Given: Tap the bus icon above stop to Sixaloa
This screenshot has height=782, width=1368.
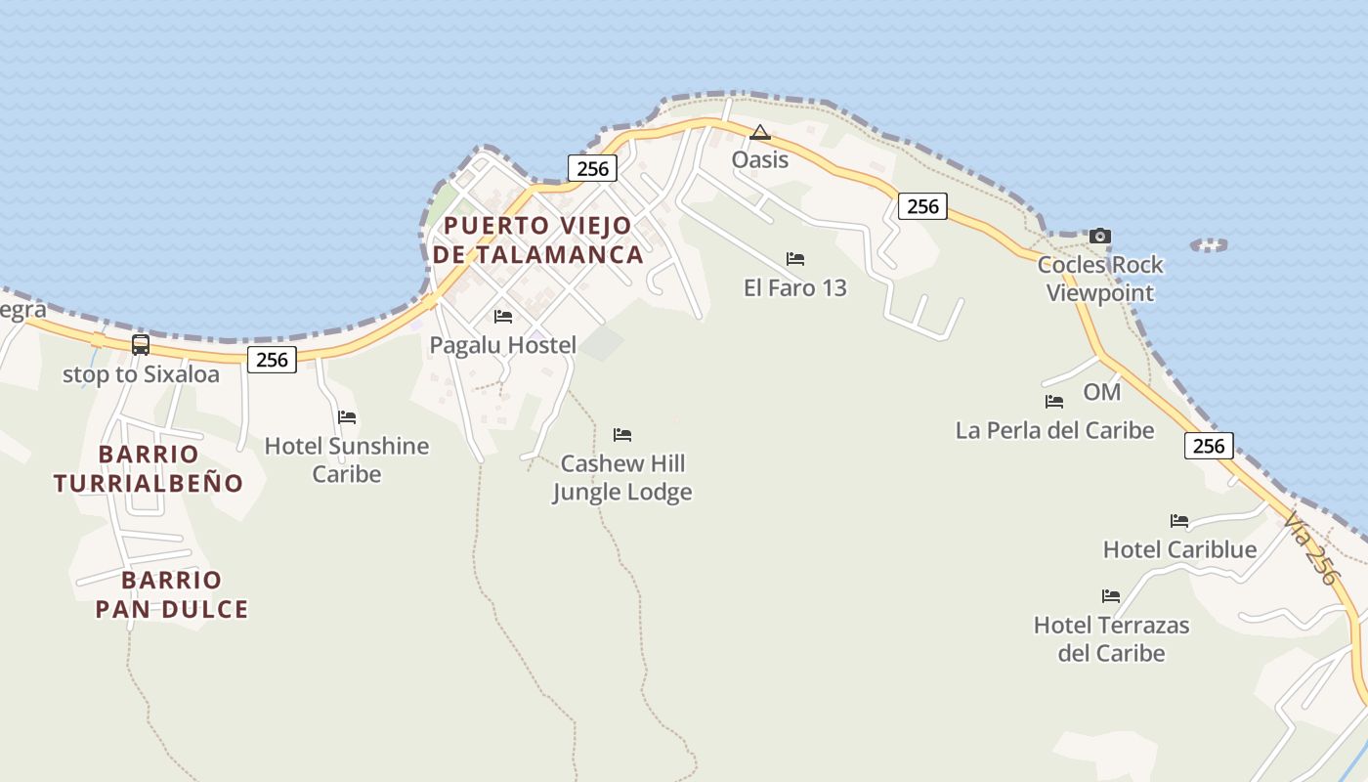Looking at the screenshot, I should click(141, 344).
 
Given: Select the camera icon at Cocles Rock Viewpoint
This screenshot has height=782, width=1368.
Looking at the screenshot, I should click(1100, 236).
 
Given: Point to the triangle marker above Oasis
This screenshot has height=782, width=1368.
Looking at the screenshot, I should click(760, 132).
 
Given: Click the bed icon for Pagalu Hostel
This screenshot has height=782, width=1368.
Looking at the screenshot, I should click(503, 317).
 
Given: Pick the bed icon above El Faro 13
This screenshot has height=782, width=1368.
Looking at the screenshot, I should click(795, 259).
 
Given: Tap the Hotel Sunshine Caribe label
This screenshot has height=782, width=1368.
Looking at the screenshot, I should click(347, 459).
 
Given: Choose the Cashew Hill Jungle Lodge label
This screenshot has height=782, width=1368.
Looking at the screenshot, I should click(622, 477).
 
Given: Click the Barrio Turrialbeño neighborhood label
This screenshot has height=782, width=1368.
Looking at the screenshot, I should click(149, 468).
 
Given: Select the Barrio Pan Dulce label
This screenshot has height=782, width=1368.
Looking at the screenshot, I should click(172, 594).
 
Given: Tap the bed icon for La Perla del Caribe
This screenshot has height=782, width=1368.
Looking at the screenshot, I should click(1053, 402).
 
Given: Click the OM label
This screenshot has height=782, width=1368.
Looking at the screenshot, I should click(1101, 392).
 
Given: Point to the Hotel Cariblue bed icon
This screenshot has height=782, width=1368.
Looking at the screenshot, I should click(1179, 521).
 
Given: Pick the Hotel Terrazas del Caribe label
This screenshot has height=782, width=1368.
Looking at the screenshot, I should click(1112, 638).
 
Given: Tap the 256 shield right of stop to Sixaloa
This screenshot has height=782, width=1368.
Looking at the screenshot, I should click(272, 360).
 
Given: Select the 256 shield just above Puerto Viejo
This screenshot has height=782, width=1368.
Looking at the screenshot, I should click(592, 168).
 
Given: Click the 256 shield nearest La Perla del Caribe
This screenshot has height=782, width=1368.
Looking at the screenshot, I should click(1209, 446).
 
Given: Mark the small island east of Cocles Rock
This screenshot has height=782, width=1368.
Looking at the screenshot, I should click(1209, 245).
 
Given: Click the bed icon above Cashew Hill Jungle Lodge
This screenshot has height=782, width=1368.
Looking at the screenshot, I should click(622, 435).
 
